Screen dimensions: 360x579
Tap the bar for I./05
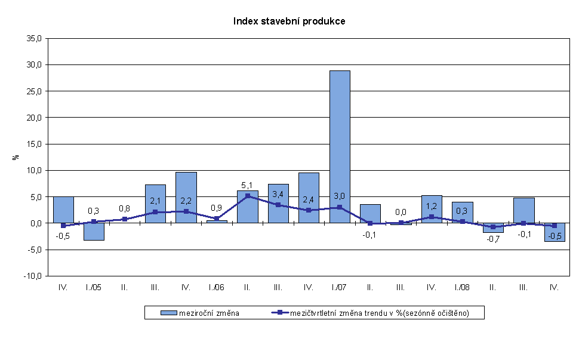(94, 232)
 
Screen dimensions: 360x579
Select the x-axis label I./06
(216, 287)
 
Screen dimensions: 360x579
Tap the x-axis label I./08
(462, 287)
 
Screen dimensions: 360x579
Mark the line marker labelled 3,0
(340, 207)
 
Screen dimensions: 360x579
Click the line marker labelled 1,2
(432, 217)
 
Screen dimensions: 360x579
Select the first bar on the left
(63, 210)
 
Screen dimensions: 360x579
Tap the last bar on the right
(554, 232)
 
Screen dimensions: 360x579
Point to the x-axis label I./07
(339, 287)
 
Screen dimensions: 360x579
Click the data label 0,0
(401, 212)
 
